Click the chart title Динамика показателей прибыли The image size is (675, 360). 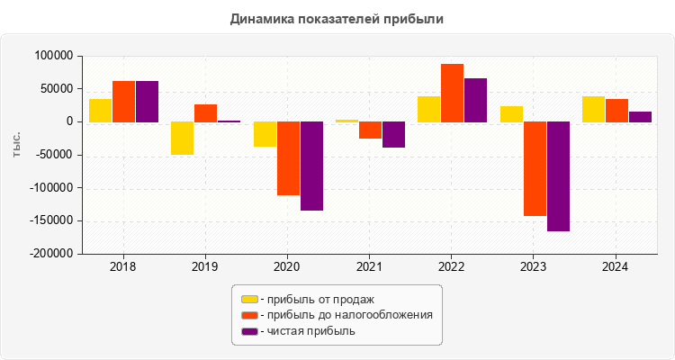tap(337, 18)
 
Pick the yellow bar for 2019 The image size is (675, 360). tap(182, 138)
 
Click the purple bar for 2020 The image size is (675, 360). tap(311, 166)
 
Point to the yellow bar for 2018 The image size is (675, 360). tap(100, 110)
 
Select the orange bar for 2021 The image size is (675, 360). tap(370, 130)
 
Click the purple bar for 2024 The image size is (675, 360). tap(640, 116)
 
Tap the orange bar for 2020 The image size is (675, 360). tap(288, 158)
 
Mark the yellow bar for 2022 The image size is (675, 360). tap(428, 109)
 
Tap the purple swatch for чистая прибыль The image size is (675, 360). tap(249, 331)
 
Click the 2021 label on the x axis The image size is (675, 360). tap(370, 267)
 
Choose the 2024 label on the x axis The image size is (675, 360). tap(616, 267)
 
